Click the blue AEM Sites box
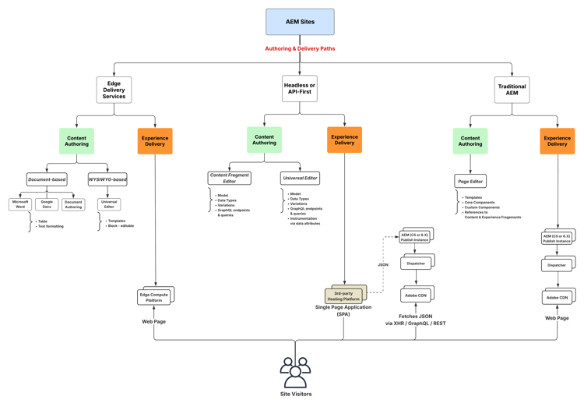coord(300,22)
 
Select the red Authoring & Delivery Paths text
coord(300,48)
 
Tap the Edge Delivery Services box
coord(114,90)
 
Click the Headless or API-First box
coord(300,89)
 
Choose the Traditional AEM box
coord(512,90)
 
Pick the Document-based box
coord(47,179)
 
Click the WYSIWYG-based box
coord(107,179)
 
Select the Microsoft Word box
coord(20,204)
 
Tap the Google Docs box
coord(47,204)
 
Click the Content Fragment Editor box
coord(229,179)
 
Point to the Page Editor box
coord(470,181)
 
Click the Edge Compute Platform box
coord(154,297)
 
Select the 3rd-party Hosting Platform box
coord(343,296)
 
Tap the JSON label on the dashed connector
coord(383,265)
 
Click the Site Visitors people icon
coord(295,373)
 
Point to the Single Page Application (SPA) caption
coord(343,310)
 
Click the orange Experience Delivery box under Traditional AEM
coord(558,141)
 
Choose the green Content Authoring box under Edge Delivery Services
coord(76,141)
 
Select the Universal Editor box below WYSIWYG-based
coord(109,204)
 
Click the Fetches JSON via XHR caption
coord(415,320)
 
